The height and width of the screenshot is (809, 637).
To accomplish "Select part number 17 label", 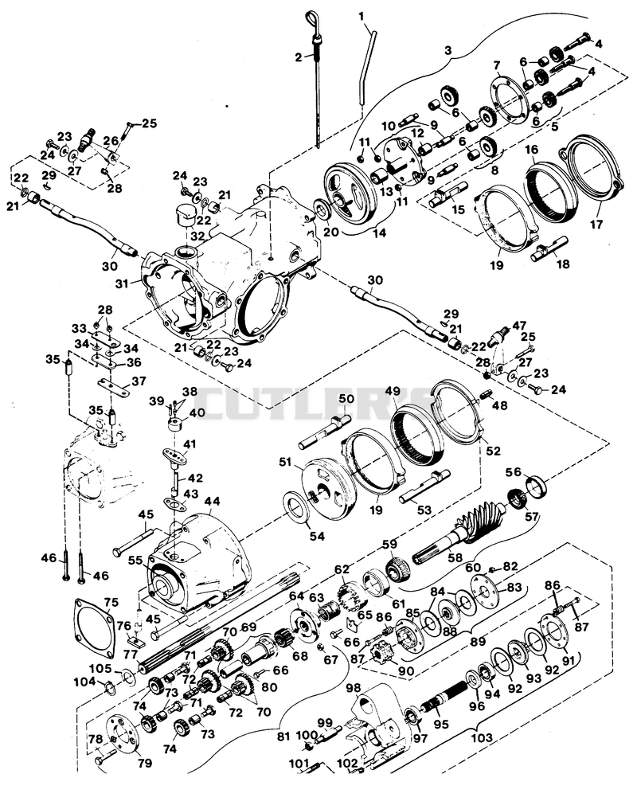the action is point(596,225).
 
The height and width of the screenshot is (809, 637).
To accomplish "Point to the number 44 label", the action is point(212,501).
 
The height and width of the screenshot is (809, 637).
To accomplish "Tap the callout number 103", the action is point(482,738).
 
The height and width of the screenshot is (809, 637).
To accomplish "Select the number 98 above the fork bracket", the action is point(354,688).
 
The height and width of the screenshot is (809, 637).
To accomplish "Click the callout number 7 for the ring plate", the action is point(496,65).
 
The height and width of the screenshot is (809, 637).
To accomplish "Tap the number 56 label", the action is point(513,472).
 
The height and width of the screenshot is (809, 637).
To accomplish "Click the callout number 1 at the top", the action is point(361,16).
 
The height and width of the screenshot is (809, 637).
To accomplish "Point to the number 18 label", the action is point(563,264).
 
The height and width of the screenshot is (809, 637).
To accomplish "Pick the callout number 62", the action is point(342,570).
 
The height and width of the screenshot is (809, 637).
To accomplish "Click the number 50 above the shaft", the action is point(346,399).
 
